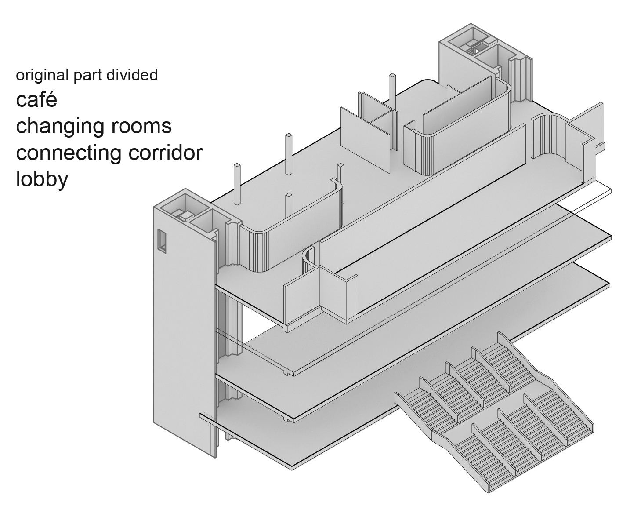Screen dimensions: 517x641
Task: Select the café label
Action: click(36, 100)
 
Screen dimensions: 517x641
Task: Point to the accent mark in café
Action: click(52, 92)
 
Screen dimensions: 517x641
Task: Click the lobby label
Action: click(42, 179)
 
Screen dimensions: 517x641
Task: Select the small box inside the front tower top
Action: click(185, 215)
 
